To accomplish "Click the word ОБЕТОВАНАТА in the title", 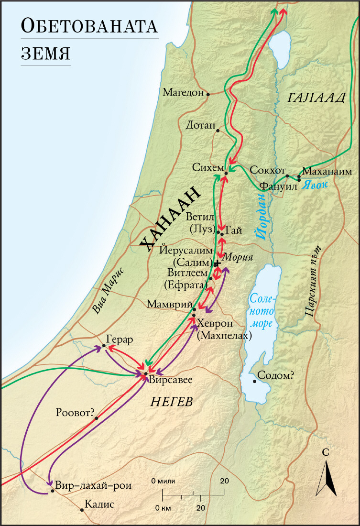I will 89,27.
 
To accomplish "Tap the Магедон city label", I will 183,92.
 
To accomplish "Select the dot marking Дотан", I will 218,130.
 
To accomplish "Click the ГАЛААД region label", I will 316,98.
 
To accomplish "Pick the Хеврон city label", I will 217,322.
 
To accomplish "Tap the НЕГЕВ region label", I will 172,402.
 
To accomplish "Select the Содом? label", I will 275,375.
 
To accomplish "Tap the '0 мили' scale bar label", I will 164,480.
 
